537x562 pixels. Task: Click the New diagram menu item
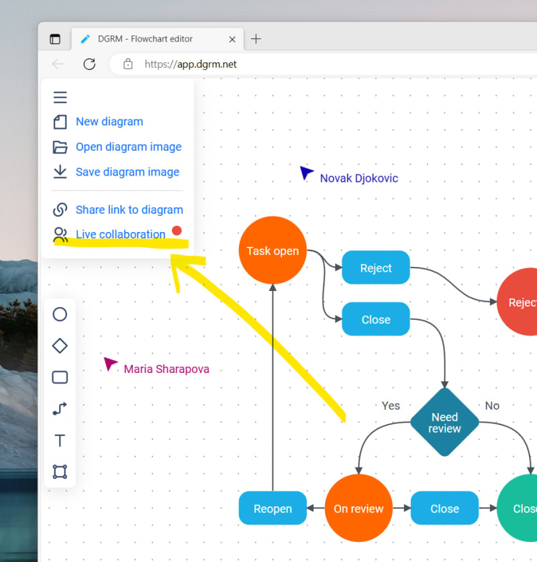109,121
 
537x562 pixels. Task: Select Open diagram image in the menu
128,147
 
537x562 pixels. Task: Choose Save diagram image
127,172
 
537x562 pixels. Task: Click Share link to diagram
129,210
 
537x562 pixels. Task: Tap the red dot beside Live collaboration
177,231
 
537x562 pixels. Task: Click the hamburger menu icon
60,97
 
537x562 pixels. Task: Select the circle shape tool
60,314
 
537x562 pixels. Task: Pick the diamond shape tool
60,345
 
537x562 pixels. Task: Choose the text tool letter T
60,440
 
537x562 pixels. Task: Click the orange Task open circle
273,250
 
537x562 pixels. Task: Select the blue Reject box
376,268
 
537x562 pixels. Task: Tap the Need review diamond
444,423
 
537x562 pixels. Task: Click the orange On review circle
358,508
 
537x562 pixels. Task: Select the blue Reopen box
273,508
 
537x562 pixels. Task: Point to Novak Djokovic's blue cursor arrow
306,173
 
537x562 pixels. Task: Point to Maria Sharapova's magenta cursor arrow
110,363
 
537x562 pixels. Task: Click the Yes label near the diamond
391,406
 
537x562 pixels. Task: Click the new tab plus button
256,39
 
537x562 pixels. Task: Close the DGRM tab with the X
232,40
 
